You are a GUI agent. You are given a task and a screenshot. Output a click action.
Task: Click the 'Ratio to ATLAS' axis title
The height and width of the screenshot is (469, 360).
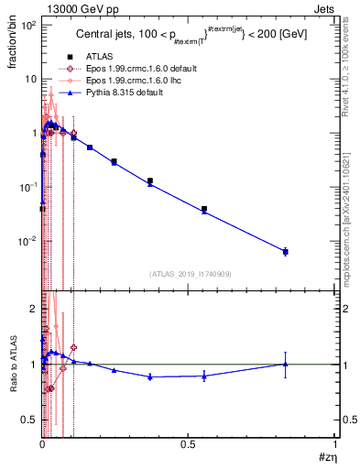coord(14,365)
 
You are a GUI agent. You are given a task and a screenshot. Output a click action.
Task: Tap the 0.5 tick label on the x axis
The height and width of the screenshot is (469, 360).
coord(188,444)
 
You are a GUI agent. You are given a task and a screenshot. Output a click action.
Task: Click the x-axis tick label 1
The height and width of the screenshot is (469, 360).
coord(334,444)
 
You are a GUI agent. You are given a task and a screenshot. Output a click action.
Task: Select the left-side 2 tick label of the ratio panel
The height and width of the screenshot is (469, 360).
coord(33,308)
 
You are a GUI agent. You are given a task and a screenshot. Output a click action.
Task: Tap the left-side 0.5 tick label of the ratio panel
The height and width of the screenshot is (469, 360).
coord(29,420)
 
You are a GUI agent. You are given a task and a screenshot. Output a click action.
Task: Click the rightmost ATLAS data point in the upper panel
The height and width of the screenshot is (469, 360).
coord(286,251)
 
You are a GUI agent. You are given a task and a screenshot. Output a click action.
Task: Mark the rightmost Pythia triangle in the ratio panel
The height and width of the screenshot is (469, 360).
coord(286,364)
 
